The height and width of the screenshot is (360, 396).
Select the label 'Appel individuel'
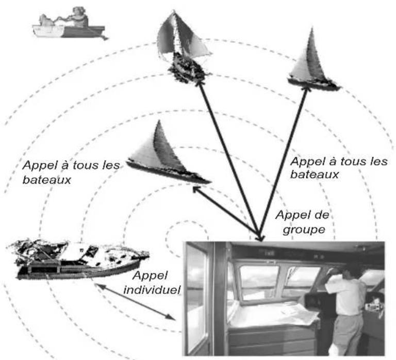tap(152, 283)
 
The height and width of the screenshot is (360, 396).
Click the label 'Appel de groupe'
tap(303, 222)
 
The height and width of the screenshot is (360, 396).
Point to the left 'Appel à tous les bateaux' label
tap(71, 172)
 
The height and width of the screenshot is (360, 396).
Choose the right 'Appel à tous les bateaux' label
tap(339, 168)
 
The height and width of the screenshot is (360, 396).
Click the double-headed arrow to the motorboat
tap(135, 302)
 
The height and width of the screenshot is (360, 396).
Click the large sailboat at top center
tap(183, 47)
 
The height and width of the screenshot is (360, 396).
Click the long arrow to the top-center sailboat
tap(230, 160)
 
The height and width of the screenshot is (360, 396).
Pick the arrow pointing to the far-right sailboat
tap(284, 163)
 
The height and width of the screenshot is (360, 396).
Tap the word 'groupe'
tap(304, 230)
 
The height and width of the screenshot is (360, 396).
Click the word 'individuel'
tap(152, 289)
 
